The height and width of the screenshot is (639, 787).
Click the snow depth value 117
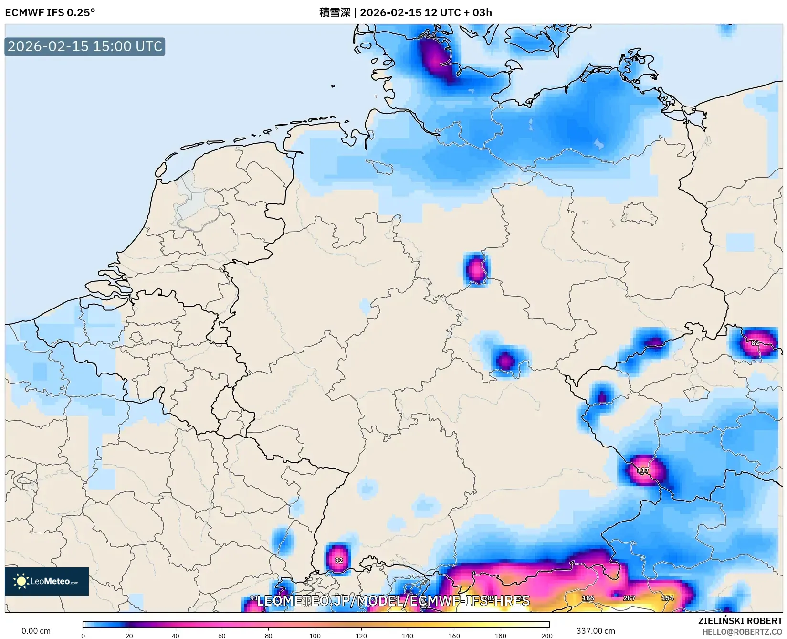click(x=643, y=470)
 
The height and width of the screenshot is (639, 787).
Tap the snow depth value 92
click(x=338, y=560)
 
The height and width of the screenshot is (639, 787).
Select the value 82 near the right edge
click(x=755, y=342)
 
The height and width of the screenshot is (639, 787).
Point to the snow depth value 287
click(x=629, y=598)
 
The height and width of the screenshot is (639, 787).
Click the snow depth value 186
click(x=588, y=598)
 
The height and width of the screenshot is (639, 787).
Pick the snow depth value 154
click(x=667, y=598)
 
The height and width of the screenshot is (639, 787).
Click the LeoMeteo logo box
click(x=47, y=581)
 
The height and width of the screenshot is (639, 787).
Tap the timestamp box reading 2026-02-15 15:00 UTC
click(x=85, y=46)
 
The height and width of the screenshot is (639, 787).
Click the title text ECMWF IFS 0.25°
click(x=50, y=12)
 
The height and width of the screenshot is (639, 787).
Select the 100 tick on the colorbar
click(x=315, y=635)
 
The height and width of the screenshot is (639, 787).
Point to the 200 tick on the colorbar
click(x=547, y=635)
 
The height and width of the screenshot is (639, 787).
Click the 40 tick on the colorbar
click(x=176, y=635)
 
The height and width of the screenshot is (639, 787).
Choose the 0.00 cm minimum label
click(x=36, y=631)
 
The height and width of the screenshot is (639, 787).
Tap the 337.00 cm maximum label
click(x=596, y=631)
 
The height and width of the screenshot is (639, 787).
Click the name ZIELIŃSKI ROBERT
click(x=740, y=621)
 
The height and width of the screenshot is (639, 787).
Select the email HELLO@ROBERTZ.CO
click(x=742, y=632)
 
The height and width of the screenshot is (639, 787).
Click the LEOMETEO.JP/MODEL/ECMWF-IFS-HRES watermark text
click(x=393, y=601)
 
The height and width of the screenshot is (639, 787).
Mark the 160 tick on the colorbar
click(x=454, y=635)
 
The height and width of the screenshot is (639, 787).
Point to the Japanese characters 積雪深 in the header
click(x=335, y=12)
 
